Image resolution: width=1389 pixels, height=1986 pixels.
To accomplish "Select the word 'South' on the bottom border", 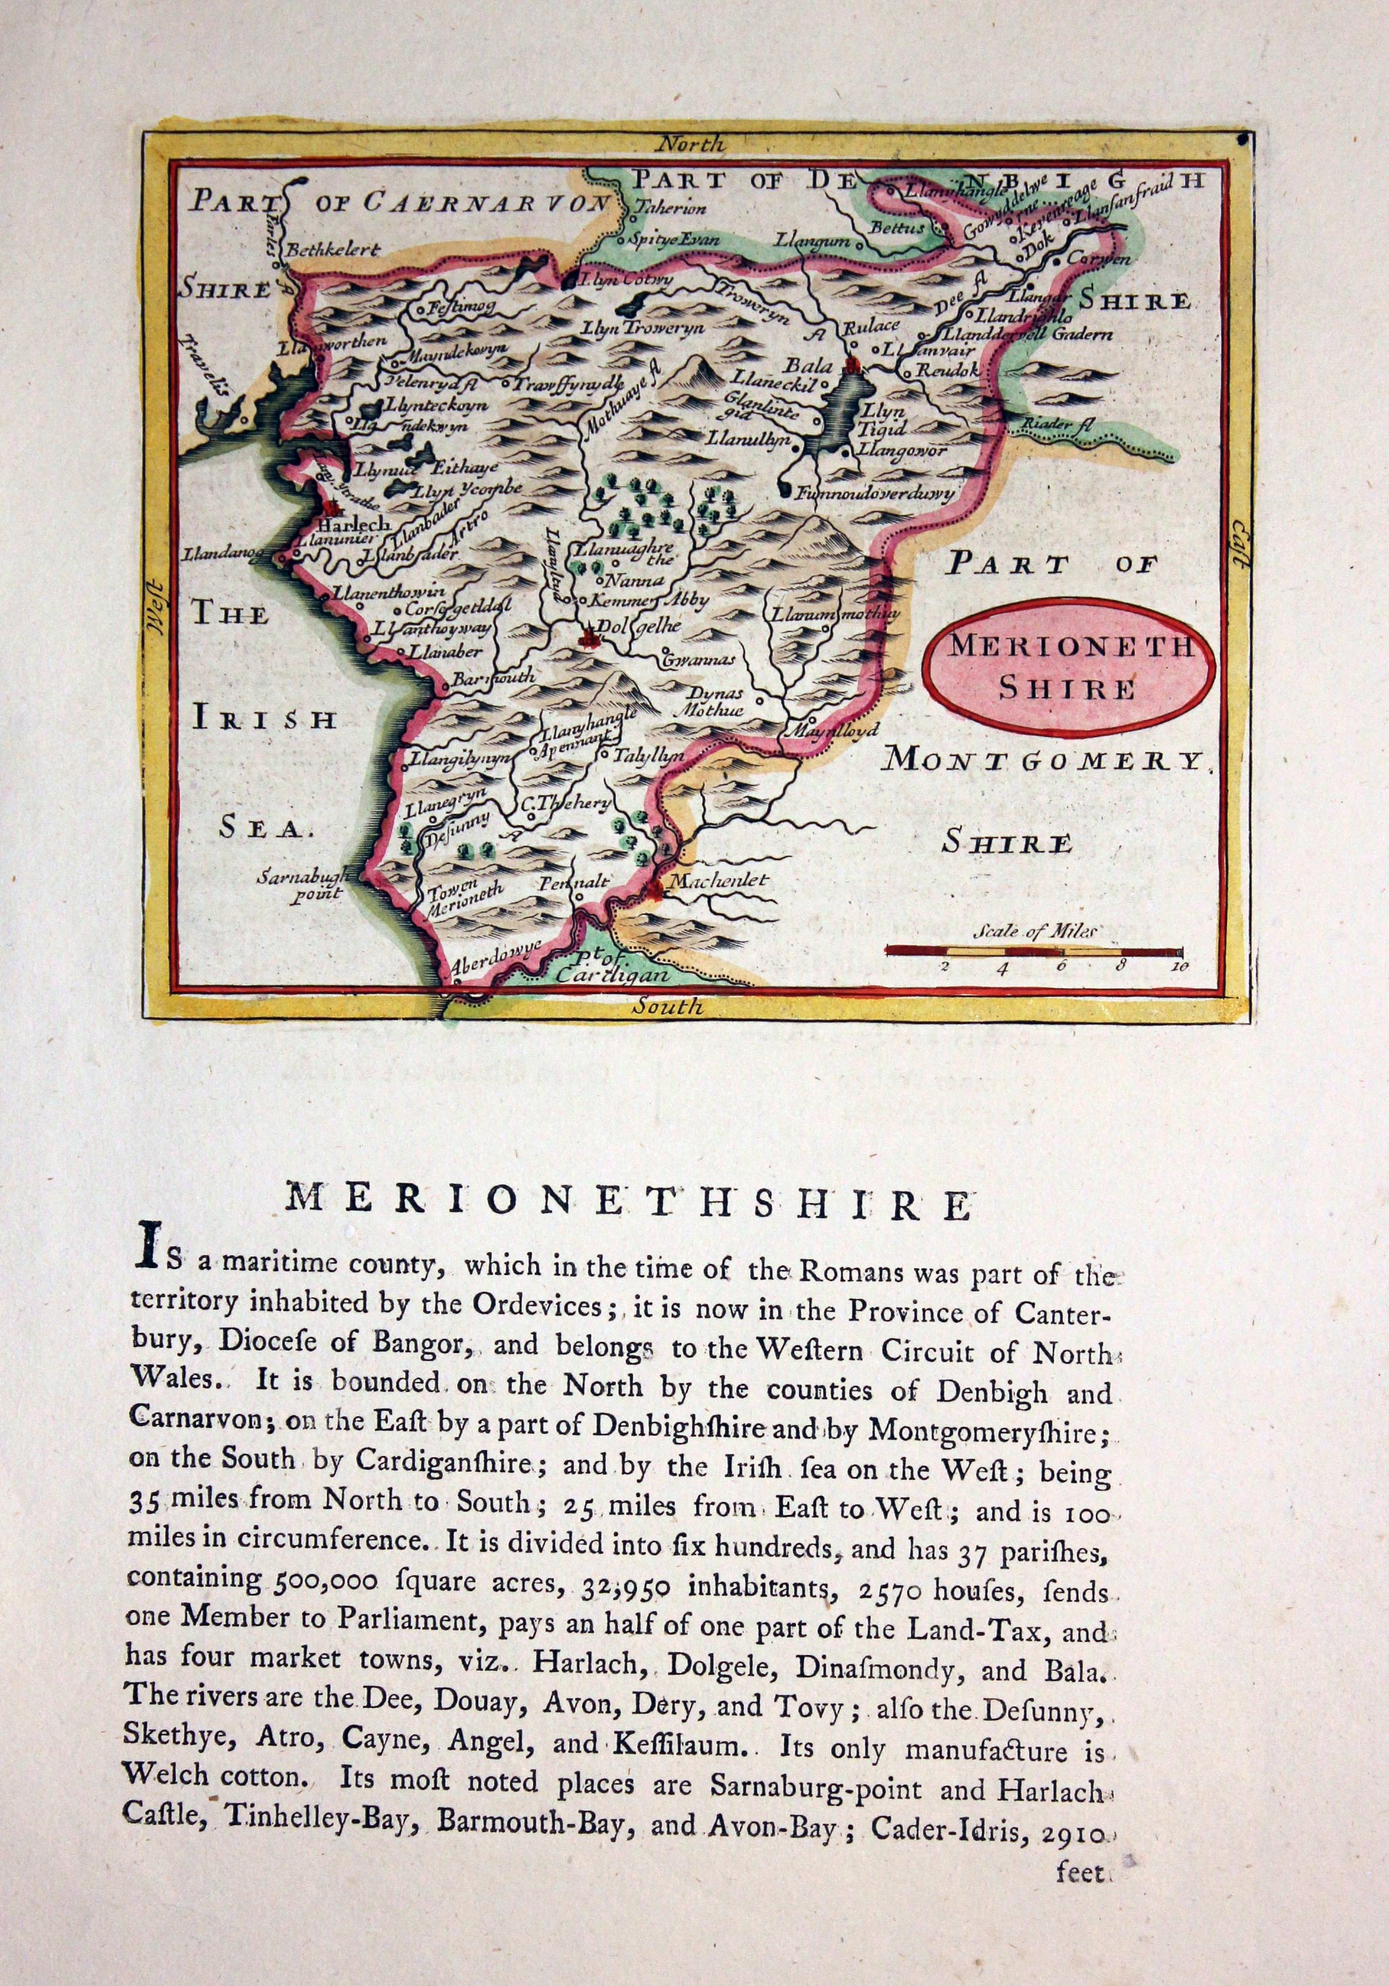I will [x=668, y=1007].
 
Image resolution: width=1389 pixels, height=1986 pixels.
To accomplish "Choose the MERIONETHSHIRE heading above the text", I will [x=629, y=1204].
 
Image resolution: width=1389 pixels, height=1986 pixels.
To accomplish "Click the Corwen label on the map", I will [x=1098, y=257].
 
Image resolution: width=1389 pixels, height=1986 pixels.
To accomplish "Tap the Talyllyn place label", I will [x=648, y=755].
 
